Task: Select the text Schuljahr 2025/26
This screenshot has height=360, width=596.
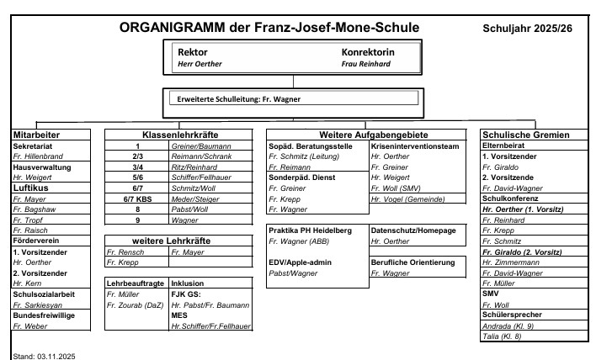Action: pos(528,29)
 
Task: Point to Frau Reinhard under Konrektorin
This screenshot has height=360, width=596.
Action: pos(366,64)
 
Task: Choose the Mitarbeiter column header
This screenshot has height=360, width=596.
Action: pos(38,135)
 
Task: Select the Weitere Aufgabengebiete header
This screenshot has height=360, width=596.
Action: pos(369,135)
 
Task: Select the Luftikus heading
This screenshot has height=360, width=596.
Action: pos(29,188)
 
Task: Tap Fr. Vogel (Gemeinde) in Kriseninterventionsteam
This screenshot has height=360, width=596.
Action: pos(407,199)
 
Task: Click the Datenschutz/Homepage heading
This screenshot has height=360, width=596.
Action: pos(413,230)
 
